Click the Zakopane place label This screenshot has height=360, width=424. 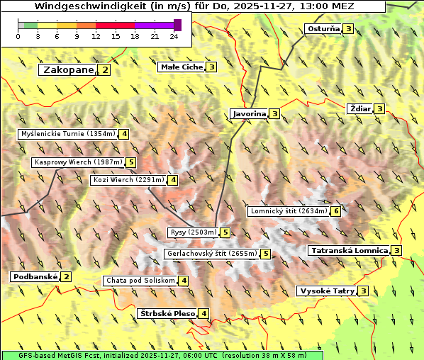(x=68, y=69)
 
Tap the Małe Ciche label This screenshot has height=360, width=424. (x=182, y=67)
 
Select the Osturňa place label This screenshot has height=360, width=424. (x=323, y=29)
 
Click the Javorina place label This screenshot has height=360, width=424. (x=249, y=113)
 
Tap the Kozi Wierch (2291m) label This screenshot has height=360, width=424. (x=129, y=180)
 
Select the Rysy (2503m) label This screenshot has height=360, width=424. (x=193, y=232)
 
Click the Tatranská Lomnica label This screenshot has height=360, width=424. (x=349, y=250)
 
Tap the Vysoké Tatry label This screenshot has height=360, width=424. (x=327, y=291)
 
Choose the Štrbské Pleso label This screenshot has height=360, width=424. (x=167, y=313)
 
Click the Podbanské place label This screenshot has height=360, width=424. (x=35, y=276)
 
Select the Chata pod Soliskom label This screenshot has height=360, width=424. (x=140, y=281)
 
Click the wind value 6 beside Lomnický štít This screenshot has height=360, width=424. (x=336, y=211)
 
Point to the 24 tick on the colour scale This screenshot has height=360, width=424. (x=174, y=36)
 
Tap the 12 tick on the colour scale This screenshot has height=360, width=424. (x=96, y=36)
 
